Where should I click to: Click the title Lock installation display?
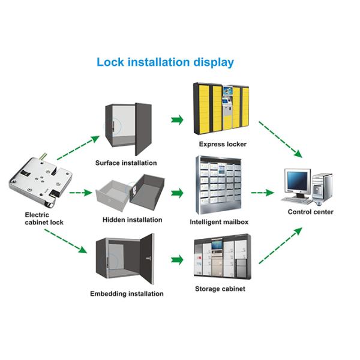tap(165, 62)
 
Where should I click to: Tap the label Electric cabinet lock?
tap(44, 218)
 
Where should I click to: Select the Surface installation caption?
tap(126, 163)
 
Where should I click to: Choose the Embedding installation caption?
tap(127, 293)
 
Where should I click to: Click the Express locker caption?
tap(223, 145)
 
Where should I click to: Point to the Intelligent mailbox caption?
tap(219, 222)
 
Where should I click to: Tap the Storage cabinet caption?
tap(220, 289)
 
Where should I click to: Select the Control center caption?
tap(311, 212)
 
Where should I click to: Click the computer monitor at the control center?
tap(297, 181)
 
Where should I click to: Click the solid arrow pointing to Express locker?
tap(177, 120)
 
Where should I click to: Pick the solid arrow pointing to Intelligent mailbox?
tap(177, 194)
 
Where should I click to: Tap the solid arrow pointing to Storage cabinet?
tap(177, 260)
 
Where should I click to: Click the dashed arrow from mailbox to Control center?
tap(262, 193)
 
